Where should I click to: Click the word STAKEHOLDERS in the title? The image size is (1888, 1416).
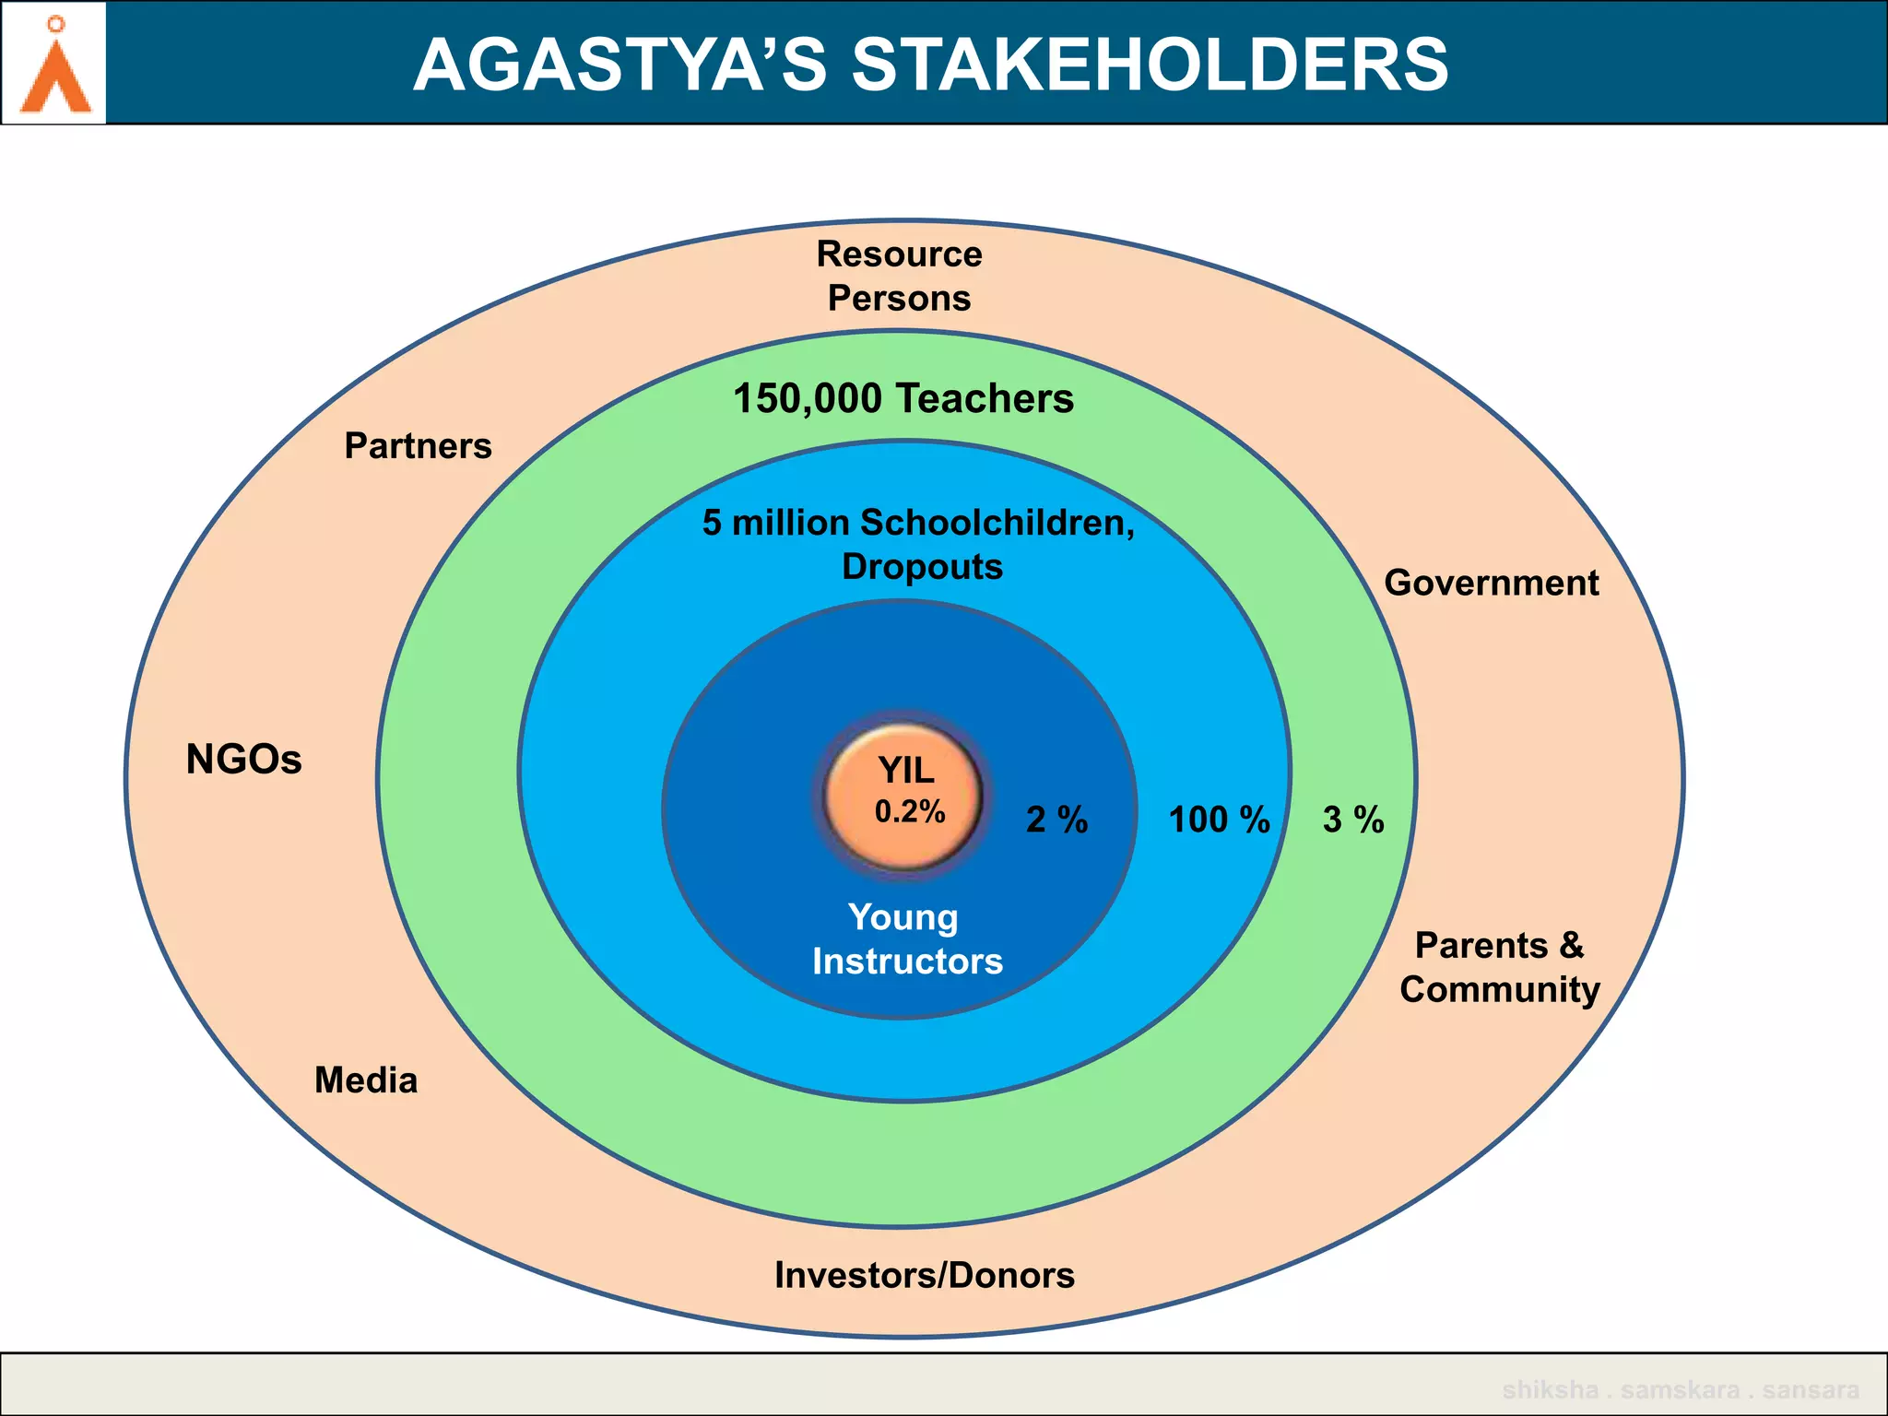pyautogui.click(x=1149, y=65)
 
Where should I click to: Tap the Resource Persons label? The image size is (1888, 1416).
pyautogui.click(x=899, y=276)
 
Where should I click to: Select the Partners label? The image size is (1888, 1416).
pyautogui.click(x=418, y=446)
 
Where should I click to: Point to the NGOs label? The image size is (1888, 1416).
pyautogui.click(x=243, y=760)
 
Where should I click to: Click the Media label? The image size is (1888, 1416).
pyautogui.click(x=366, y=1080)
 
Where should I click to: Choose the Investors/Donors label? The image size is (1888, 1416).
pyautogui.click(x=924, y=1275)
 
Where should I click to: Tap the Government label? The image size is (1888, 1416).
pyautogui.click(x=1491, y=583)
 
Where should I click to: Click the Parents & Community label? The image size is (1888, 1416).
pyautogui.click(x=1499, y=967)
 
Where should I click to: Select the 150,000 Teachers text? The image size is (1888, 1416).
pyautogui.click(x=903, y=398)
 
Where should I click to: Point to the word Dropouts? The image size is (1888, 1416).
pyautogui.click(x=922, y=566)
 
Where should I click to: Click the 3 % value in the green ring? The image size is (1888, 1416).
pyautogui.click(x=1352, y=820)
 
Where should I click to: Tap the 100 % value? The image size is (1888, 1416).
pyautogui.click(x=1219, y=820)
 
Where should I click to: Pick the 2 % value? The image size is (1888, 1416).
pyautogui.click(x=1056, y=820)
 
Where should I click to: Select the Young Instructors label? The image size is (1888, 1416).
pyautogui.click(x=906, y=939)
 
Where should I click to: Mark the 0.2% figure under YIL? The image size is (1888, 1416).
pyautogui.click(x=909, y=811)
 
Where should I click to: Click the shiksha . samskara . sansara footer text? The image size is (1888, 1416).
pyautogui.click(x=1680, y=1389)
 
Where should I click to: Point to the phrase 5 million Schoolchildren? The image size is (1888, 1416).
pyautogui.click(x=917, y=523)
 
